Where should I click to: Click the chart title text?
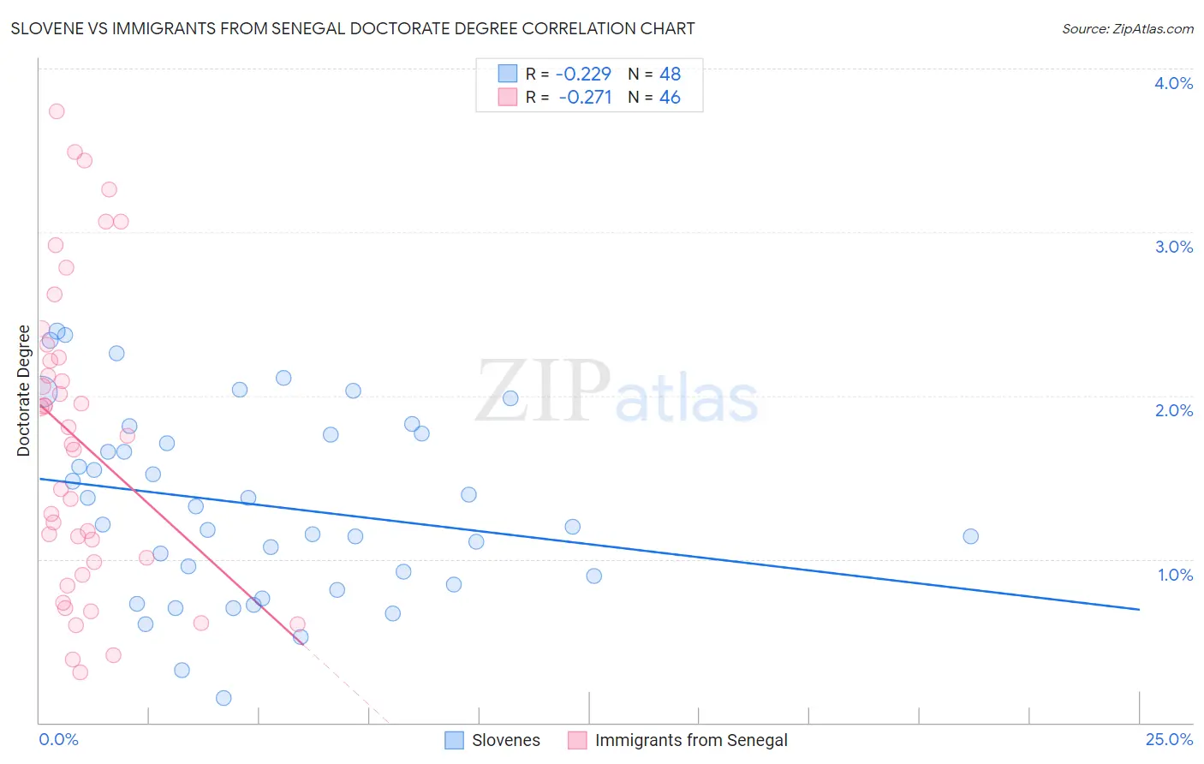[x=353, y=28]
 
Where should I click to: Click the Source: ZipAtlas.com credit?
[x=1127, y=28]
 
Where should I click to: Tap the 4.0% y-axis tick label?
[x=1173, y=83]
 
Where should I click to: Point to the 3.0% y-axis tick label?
[x=1173, y=247]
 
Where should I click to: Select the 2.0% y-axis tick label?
[x=1173, y=410]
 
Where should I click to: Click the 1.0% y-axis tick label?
[x=1175, y=575]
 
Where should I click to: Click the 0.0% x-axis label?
[x=58, y=739]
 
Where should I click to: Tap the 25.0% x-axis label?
[x=1169, y=739]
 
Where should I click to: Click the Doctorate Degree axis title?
[x=23, y=391]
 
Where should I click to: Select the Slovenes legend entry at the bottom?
[x=505, y=740]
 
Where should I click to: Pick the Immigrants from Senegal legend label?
[x=690, y=740]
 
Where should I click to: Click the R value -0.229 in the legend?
[x=582, y=74]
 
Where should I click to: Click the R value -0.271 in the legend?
[x=585, y=98]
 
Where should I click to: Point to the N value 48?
[x=670, y=74]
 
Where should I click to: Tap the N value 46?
[x=670, y=98]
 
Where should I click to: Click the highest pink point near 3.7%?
[x=57, y=111]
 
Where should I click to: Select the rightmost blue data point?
[x=970, y=536]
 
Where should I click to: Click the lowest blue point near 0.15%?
[x=224, y=698]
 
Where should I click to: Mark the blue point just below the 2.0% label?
[x=510, y=398]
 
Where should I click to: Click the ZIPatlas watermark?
[x=617, y=393]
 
